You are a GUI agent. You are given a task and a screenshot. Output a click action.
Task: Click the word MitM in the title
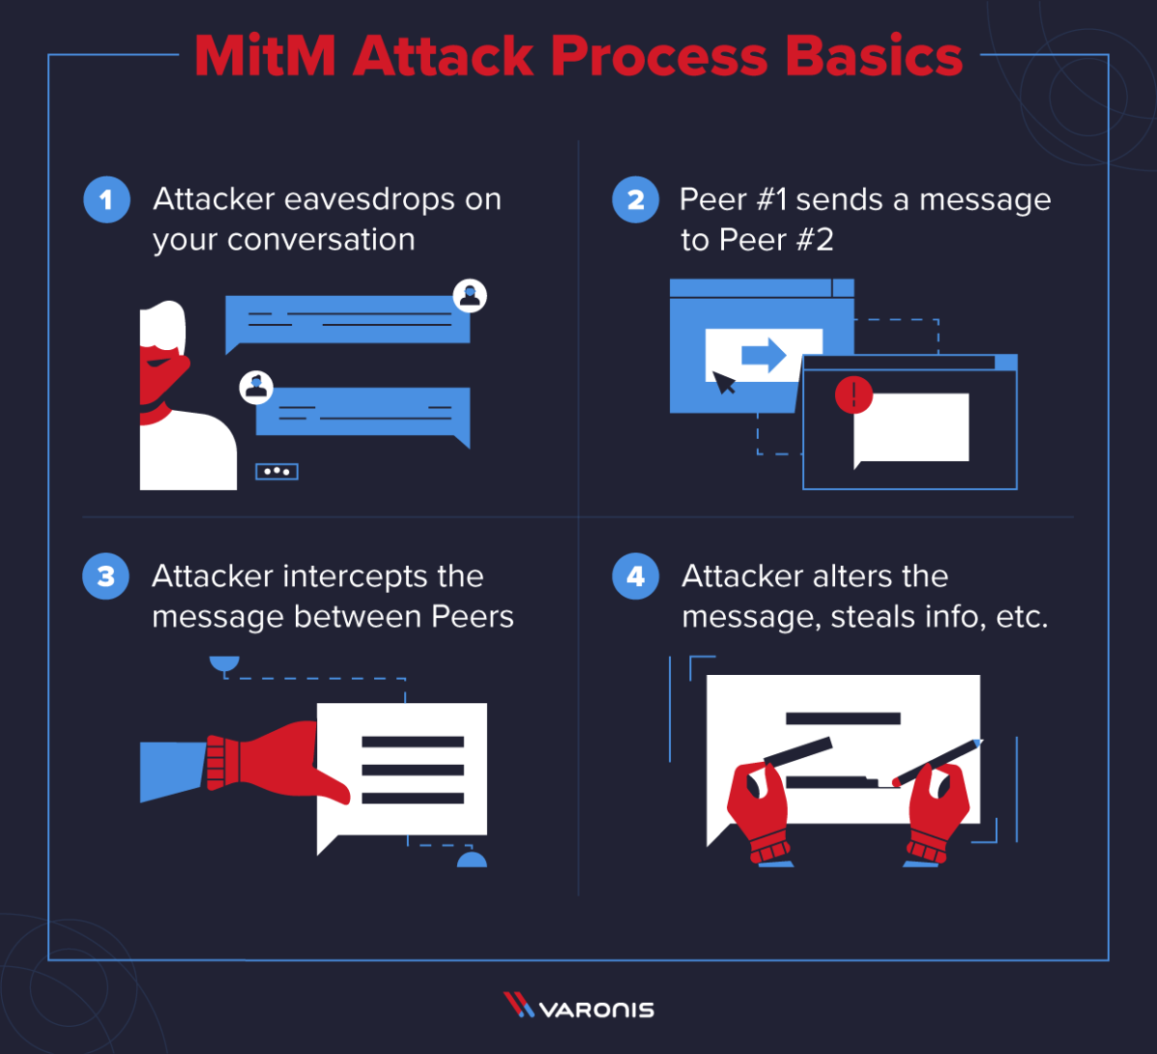(x=264, y=56)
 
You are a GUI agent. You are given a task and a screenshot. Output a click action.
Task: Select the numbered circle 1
(x=106, y=200)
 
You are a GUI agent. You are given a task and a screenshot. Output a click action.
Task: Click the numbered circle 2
(x=635, y=200)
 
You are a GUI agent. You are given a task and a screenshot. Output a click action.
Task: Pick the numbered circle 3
(x=106, y=576)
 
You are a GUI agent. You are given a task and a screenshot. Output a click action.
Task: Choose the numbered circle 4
(x=635, y=576)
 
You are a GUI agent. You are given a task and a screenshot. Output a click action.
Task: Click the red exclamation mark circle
(x=853, y=394)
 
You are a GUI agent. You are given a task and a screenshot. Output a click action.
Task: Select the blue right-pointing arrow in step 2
(x=764, y=355)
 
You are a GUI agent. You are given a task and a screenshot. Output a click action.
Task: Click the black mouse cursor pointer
(x=723, y=383)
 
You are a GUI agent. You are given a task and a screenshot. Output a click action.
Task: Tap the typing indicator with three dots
(x=277, y=472)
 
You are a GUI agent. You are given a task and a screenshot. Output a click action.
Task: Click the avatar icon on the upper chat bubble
(x=470, y=295)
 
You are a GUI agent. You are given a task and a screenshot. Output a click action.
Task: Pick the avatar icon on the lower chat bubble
(x=256, y=388)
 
